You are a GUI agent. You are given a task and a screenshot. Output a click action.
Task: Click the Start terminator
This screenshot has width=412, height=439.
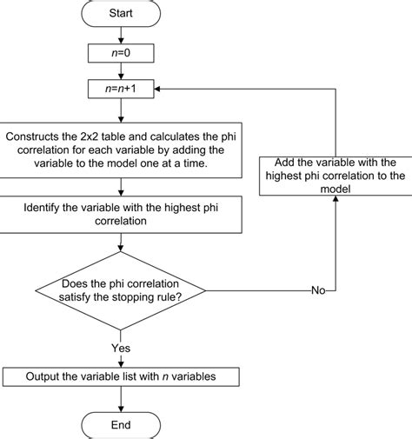pyautogui.click(x=121, y=15)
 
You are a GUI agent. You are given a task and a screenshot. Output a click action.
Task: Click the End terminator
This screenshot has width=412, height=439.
pyautogui.click(x=121, y=424)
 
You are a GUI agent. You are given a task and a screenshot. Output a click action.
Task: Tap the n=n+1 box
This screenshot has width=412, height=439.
pyautogui.click(x=121, y=89)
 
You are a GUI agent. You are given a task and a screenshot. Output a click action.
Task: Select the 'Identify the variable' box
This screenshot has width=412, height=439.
pyautogui.click(x=121, y=215)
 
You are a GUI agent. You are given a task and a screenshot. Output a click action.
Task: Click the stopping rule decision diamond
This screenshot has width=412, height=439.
pyautogui.click(x=121, y=289)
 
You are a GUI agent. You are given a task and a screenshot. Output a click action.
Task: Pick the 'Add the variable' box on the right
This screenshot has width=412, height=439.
pyautogui.click(x=335, y=176)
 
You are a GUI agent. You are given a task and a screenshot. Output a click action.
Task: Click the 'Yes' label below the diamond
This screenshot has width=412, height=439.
pyautogui.click(x=121, y=347)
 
